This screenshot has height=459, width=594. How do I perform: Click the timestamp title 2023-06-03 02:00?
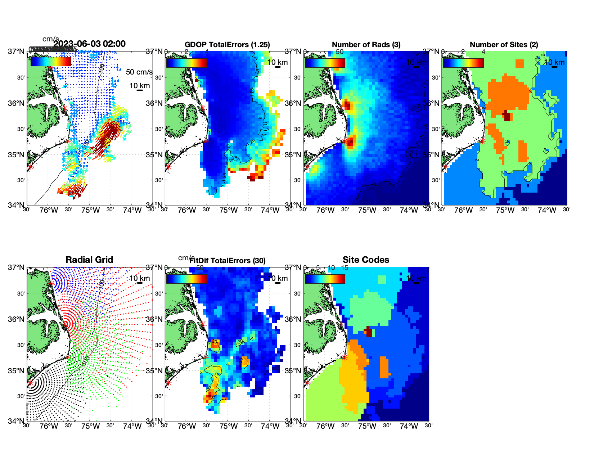[x=89, y=44]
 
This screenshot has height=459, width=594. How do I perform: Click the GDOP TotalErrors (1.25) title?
[x=227, y=45]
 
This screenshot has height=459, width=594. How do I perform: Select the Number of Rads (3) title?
[x=366, y=45]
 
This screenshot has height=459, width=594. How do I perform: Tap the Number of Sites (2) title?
[x=504, y=45]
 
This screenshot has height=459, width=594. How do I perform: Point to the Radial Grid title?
[x=89, y=260]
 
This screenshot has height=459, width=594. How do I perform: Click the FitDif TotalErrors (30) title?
[x=228, y=261]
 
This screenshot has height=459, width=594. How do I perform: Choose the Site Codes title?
[x=366, y=260]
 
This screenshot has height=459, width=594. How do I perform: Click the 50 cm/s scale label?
[x=139, y=72]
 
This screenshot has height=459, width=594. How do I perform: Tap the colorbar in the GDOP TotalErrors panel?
[x=186, y=63]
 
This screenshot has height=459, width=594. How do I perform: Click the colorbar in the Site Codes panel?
[x=325, y=279]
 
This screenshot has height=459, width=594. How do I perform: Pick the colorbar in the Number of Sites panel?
[x=463, y=63]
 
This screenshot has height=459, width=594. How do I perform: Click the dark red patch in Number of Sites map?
[x=507, y=116]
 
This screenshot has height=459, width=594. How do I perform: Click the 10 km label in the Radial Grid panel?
[x=139, y=278]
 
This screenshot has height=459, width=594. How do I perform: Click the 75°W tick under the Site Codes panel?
[x=367, y=427]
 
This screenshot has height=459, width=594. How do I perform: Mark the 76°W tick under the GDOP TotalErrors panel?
[x=187, y=211]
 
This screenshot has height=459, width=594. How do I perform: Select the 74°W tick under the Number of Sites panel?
[x=547, y=211]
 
